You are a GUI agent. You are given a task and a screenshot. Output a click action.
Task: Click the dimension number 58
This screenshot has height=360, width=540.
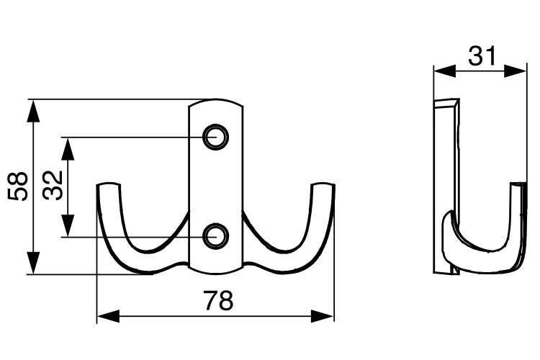coord(17,186)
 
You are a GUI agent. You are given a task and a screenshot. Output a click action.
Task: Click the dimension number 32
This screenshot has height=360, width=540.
coord(53,186)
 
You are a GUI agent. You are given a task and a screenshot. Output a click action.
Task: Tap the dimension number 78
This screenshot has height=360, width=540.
coord(218,300)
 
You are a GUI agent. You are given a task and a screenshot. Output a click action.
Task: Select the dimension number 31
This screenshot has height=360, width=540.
coord(482,56)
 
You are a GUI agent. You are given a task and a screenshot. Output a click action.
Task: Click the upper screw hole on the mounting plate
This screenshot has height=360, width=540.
coord(216,137)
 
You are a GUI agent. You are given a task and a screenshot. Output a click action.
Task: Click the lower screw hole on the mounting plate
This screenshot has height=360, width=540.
coord(216,237)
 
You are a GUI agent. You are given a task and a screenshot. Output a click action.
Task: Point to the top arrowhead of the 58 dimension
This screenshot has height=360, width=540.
coord(33,111)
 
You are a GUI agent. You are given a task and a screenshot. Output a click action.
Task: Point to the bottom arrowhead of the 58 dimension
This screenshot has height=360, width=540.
coord(33,264)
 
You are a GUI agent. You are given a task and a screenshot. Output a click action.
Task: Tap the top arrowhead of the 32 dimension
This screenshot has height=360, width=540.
coord(68,149)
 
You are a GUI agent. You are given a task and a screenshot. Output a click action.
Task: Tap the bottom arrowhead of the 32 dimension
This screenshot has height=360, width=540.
coord(68,225)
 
